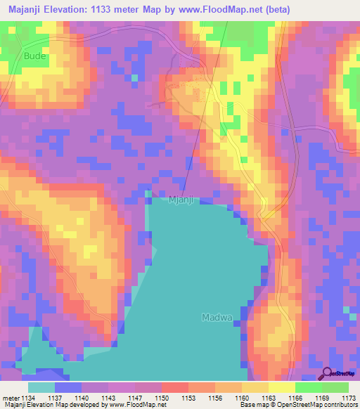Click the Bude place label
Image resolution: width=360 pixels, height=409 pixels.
(33, 56)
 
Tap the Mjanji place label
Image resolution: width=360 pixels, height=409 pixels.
(181, 199)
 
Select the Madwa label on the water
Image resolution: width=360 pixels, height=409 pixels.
(217, 317)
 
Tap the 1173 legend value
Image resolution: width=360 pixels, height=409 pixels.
(349, 397)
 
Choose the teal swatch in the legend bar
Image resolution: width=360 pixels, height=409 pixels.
(41, 387)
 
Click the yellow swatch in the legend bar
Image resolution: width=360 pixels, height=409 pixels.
(281, 387)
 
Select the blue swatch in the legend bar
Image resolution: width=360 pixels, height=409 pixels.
(68, 387)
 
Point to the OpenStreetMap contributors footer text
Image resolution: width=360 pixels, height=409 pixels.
(314, 405)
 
